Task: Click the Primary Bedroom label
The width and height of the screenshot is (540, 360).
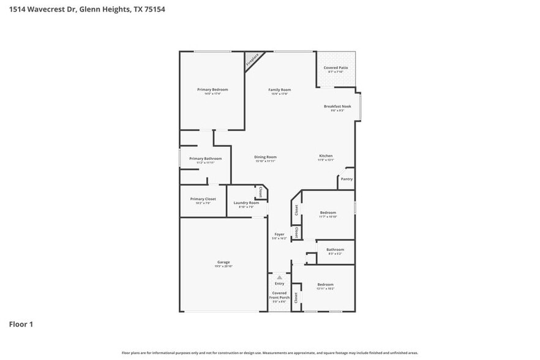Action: click(x=212, y=90)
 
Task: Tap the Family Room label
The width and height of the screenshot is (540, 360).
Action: click(x=279, y=90)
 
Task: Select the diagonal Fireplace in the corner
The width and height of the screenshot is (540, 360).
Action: click(x=252, y=59)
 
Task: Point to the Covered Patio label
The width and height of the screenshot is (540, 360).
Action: click(x=336, y=68)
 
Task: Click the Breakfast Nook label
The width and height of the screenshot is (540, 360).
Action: click(x=337, y=107)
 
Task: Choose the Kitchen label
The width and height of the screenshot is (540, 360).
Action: click(x=326, y=156)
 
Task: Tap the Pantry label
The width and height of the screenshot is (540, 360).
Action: click(x=347, y=179)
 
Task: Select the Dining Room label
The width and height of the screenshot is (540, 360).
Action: click(x=266, y=157)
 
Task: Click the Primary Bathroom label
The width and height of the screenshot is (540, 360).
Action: click(x=205, y=159)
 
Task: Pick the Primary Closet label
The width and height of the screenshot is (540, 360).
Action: click(x=203, y=199)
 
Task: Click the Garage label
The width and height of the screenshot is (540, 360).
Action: click(x=223, y=262)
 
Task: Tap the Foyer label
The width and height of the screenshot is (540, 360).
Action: click(x=279, y=234)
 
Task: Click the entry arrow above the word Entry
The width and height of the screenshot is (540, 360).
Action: click(x=280, y=277)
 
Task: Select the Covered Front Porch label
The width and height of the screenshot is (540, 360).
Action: click(x=279, y=295)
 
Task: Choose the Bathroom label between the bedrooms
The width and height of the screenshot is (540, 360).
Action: click(x=335, y=250)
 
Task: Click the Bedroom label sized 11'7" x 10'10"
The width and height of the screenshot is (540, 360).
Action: click(x=328, y=212)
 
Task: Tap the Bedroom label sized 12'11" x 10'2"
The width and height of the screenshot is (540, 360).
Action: click(x=325, y=285)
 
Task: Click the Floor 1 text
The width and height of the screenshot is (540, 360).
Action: click(x=20, y=324)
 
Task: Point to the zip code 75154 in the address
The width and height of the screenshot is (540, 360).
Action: click(x=154, y=9)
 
